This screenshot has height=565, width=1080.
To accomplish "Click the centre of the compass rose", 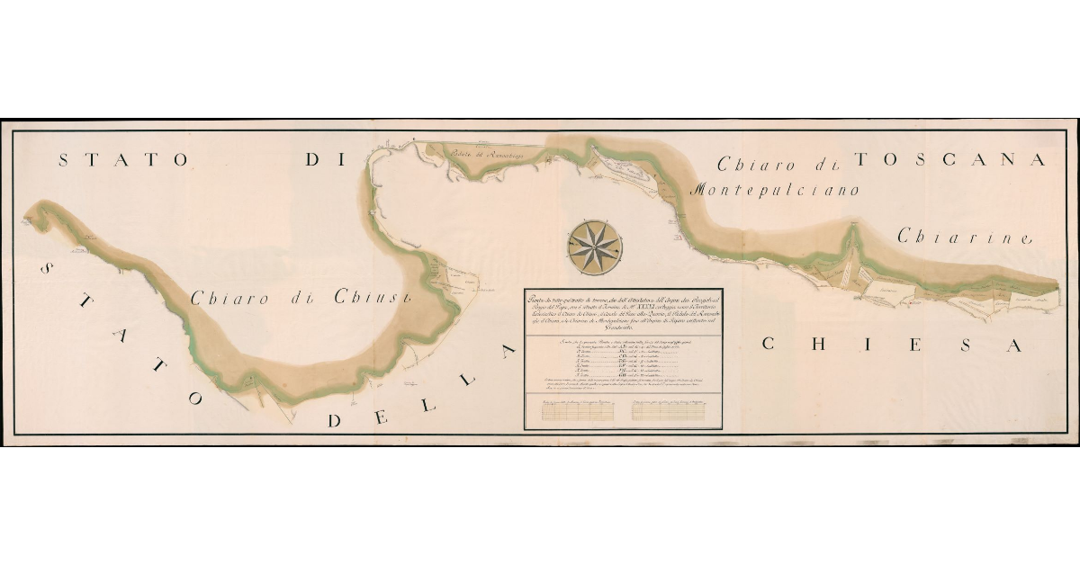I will (594, 244).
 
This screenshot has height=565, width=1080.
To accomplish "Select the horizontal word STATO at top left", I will (123, 160).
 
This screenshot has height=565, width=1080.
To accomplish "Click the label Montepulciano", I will (775, 190).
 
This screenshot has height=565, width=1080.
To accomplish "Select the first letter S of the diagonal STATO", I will (46, 270).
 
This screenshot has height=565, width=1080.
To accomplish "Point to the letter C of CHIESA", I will (769, 344).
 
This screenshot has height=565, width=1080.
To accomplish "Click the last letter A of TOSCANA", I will (1039, 160).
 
